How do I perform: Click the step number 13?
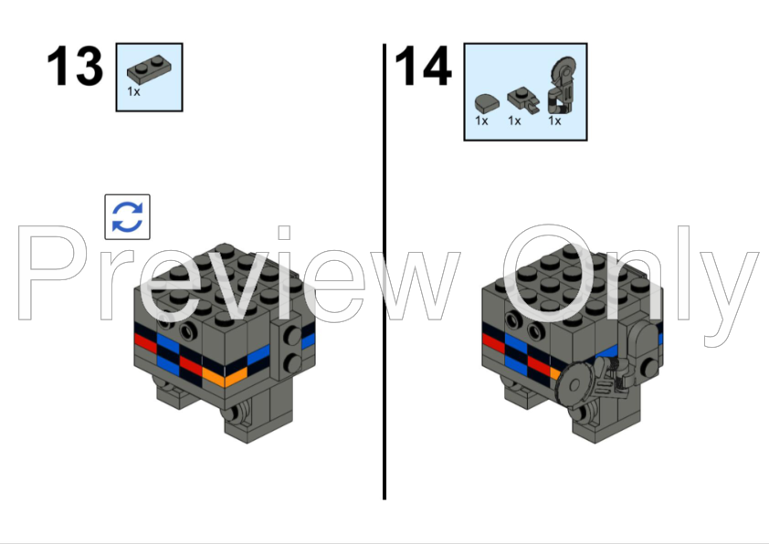75,67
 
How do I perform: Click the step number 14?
423,67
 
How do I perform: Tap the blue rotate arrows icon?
127,217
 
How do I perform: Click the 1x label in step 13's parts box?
133,91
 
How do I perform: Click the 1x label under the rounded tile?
481,120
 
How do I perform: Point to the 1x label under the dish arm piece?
554,120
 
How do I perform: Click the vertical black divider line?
384,274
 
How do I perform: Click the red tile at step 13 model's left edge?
145,340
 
